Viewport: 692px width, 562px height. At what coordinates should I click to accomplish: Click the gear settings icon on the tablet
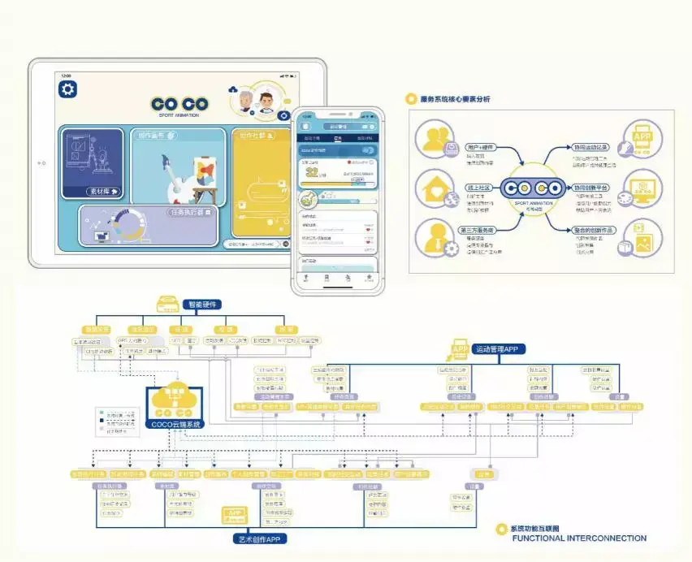68,88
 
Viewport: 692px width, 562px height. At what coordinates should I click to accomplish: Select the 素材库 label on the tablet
102,192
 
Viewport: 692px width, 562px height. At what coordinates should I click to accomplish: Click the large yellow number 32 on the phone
311,174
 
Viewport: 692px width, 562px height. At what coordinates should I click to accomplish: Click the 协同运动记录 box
590,147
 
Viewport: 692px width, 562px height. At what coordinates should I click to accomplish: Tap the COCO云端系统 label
175,423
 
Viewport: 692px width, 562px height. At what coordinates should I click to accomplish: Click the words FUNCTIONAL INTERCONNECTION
579,538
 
